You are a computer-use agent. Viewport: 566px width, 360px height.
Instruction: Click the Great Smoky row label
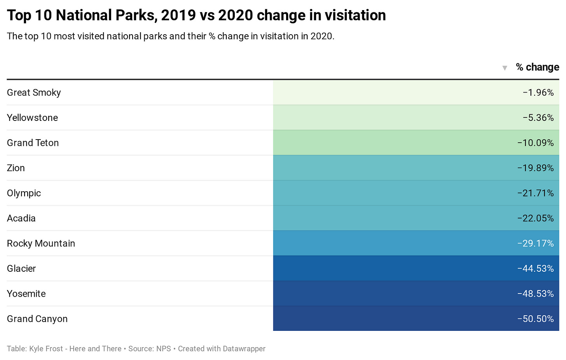(x=34, y=93)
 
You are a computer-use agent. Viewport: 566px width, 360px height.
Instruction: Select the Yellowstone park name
(x=32, y=118)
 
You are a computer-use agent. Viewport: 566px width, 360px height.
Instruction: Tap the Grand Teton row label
(x=33, y=143)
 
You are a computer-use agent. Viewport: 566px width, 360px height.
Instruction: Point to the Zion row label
(x=16, y=168)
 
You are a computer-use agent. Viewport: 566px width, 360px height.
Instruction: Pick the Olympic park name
(x=24, y=193)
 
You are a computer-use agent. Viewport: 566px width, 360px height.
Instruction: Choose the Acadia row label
(x=21, y=218)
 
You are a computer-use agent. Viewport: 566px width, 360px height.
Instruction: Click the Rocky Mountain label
(x=41, y=243)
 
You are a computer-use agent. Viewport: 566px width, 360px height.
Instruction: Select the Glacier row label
(x=21, y=269)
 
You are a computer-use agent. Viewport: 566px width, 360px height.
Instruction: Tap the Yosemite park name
(x=26, y=294)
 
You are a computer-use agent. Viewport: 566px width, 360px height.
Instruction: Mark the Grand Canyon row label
(x=37, y=319)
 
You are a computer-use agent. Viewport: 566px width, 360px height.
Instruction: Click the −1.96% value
(x=538, y=93)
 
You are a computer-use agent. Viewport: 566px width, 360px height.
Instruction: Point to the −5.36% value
(x=538, y=118)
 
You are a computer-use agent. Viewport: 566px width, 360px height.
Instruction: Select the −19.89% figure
(x=535, y=168)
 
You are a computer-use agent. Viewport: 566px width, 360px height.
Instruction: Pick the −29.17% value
(x=535, y=243)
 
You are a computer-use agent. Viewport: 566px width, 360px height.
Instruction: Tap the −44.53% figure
(x=535, y=269)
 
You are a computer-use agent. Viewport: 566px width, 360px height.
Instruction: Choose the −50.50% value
(x=535, y=319)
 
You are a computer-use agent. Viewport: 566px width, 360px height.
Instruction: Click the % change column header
(x=537, y=67)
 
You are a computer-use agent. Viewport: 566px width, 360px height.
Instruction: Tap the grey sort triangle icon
(x=505, y=68)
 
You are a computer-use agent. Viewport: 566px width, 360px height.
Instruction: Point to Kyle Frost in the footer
(x=46, y=349)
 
